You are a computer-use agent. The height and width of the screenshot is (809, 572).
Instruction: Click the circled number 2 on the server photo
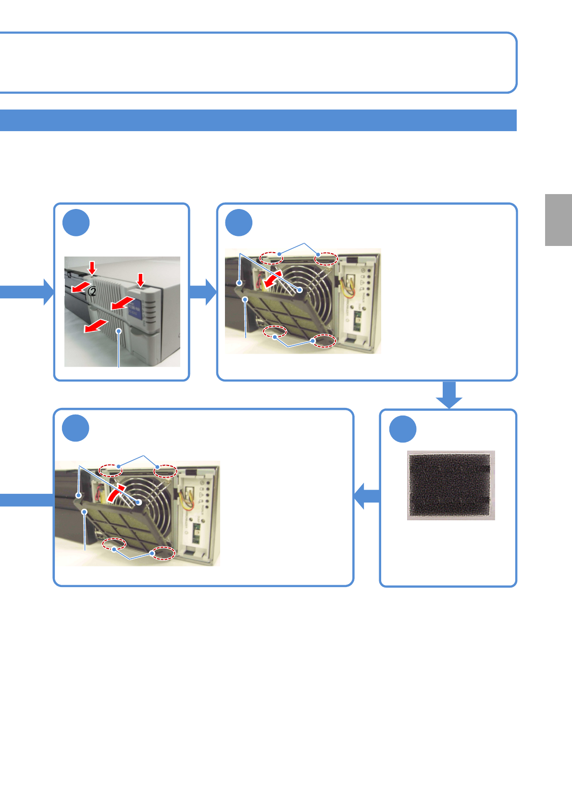click(93, 291)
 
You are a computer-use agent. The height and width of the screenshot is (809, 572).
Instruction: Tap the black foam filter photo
click(451, 485)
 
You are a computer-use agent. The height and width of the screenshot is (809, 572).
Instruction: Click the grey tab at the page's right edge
click(559, 220)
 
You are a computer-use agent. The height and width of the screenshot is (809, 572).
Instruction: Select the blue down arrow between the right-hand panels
click(449, 395)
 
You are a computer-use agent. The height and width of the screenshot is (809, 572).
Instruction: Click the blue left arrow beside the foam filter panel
click(367, 496)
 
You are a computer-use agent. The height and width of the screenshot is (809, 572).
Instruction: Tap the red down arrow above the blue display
click(140, 279)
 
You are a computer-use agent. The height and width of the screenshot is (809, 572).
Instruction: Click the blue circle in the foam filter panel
click(402, 429)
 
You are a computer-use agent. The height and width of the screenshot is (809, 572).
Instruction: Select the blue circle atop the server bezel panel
click(76, 223)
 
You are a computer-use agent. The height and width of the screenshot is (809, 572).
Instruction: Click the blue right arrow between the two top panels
click(203, 292)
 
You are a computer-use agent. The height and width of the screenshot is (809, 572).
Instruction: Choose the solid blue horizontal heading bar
click(258, 120)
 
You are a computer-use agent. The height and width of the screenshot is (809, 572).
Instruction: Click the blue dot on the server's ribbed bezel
click(119, 331)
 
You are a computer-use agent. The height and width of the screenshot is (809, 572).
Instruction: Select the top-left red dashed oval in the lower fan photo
click(110, 470)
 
